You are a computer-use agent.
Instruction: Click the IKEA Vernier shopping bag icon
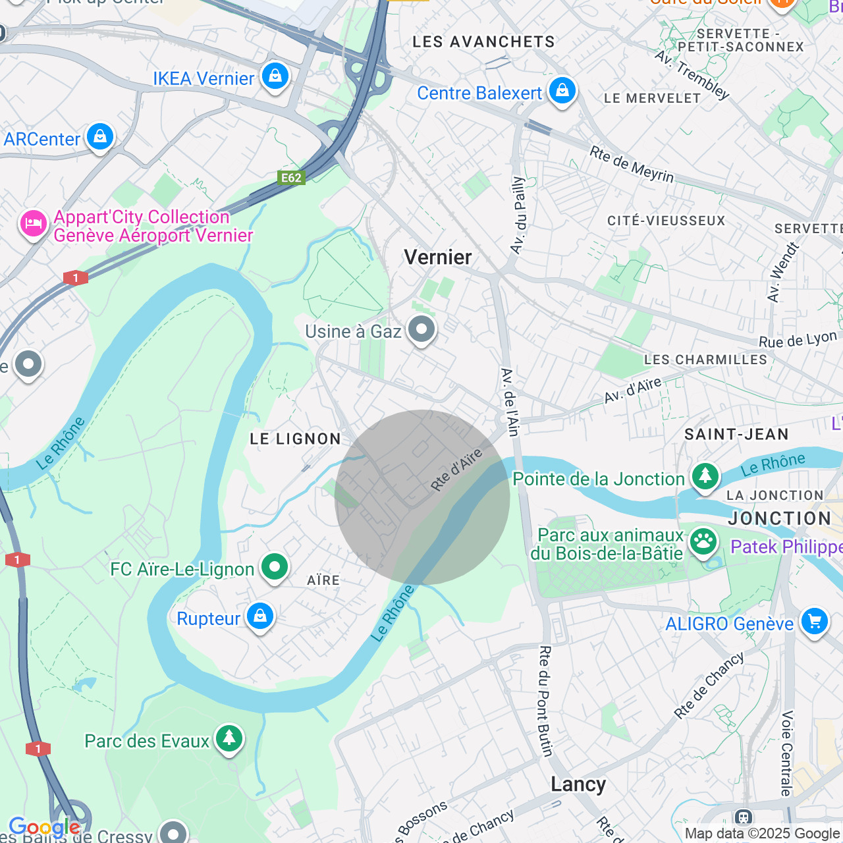[x=275, y=77]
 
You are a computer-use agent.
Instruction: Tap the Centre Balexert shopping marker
[x=562, y=91]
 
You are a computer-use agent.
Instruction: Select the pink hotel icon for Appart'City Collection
[x=33, y=225]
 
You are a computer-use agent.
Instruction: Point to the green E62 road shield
[x=291, y=178]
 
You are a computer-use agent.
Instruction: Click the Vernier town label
[x=438, y=258]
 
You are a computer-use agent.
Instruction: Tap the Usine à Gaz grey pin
[x=421, y=329]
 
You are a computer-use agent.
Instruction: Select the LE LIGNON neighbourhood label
[x=296, y=439]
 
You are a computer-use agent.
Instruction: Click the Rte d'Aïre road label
[x=456, y=470]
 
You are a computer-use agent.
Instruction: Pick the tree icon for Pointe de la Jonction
[x=705, y=476]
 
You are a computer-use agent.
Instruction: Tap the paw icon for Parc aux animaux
[x=703, y=542]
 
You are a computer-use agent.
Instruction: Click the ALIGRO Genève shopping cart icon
[x=814, y=621]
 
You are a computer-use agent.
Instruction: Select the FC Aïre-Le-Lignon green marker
[x=275, y=567]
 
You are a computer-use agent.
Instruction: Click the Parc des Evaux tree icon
[x=229, y=739]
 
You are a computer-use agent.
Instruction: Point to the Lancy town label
[x=578, y=784]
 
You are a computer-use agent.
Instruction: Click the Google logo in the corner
[x=44, y=827]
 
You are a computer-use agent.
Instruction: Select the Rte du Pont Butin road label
[x=545, y=701]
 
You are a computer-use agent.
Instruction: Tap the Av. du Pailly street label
[x=518, y=215]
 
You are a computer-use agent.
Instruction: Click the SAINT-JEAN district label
[x=736, y=435]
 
